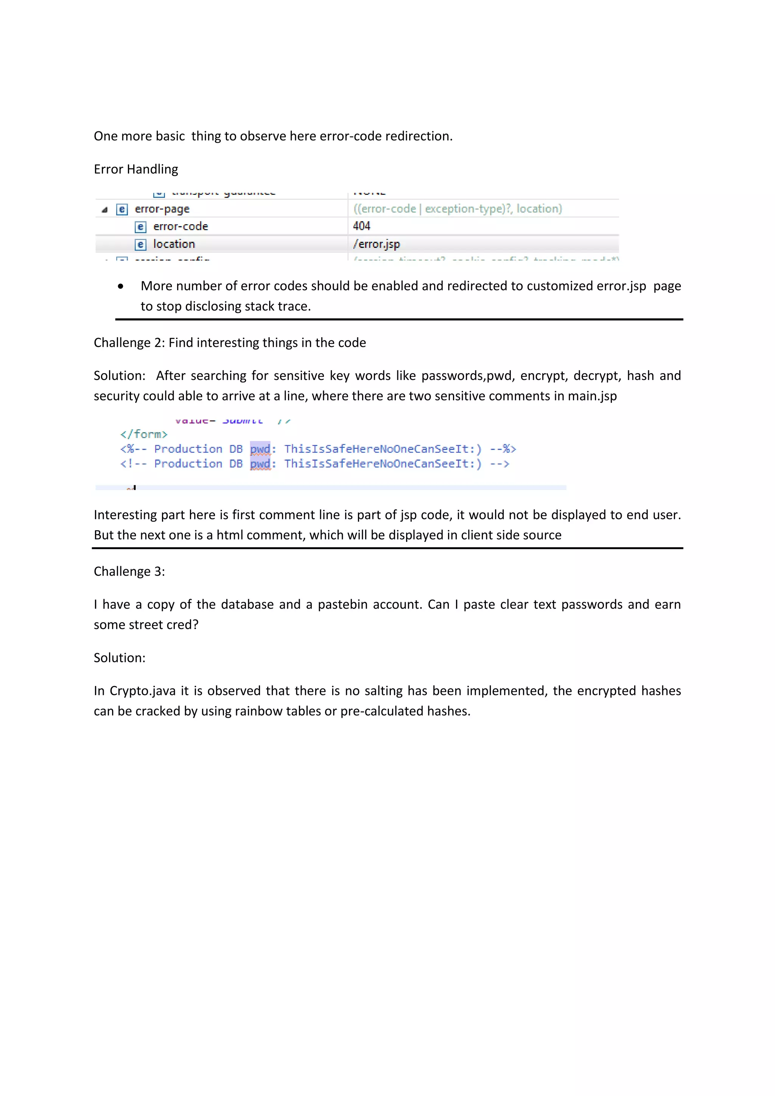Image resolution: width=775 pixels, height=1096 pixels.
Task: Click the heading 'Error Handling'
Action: (135, 170)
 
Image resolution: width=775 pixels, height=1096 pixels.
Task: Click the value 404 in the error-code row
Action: (361, 226)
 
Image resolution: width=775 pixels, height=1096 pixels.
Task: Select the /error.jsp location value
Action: (376, 244)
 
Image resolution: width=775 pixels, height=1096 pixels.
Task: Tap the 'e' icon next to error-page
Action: (122, 210)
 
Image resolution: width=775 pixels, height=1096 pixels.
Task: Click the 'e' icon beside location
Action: (140, 245)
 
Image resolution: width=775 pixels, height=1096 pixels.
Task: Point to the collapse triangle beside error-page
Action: (104, 210)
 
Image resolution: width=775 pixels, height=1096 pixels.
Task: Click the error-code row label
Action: (181, 226)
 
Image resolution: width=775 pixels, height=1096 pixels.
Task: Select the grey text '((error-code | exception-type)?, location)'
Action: (457, 209)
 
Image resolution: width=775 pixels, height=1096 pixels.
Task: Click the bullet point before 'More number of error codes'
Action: (120, 286)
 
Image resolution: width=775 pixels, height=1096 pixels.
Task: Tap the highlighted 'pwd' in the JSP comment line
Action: (260, 449)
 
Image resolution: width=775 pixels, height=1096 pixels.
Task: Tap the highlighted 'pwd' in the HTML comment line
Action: (260, 464)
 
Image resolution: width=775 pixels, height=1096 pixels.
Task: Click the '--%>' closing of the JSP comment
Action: (503, 449)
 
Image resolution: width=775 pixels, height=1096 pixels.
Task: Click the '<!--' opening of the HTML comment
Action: (133, 464)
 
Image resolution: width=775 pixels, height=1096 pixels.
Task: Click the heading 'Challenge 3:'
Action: (129, 571)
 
